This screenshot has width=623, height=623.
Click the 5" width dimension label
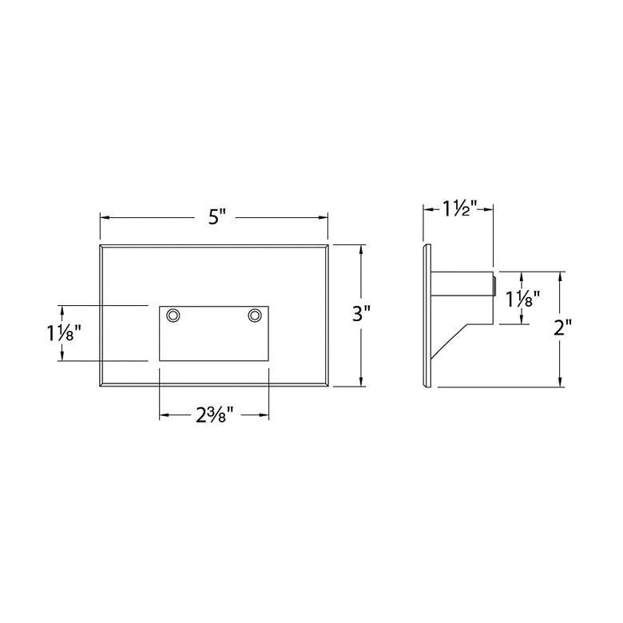point(217,217)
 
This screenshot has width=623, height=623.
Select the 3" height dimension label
point(361,313)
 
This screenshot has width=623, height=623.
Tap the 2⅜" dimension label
point(214,415)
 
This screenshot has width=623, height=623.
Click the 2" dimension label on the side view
point(562,328)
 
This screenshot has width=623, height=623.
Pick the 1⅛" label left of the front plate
point(65,333)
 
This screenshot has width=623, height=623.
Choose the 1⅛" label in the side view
point(522,299)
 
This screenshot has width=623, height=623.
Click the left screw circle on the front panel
point(173,315)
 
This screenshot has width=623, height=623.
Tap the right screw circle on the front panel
point(255,315)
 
